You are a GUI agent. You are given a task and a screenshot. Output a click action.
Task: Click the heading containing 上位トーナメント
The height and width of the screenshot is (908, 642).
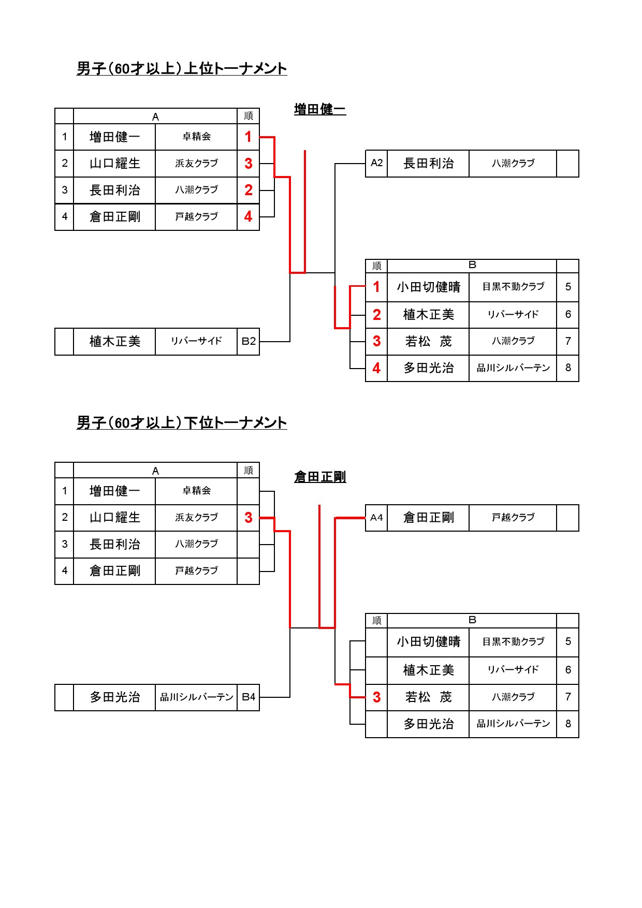[182, 68]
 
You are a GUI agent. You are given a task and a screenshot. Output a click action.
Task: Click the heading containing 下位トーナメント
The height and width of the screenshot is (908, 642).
[182, 422]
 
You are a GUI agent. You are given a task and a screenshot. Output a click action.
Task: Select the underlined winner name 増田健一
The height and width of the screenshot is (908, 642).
[320, 109]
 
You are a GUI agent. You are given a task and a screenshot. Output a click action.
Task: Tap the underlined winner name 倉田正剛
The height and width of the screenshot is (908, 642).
[320, 477]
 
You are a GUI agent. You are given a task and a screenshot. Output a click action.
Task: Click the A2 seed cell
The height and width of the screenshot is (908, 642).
[376, 164]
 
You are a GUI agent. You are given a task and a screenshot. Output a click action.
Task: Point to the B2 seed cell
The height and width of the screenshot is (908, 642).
[249, 342]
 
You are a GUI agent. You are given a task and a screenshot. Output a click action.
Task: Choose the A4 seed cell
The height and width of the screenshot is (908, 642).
[376, 518]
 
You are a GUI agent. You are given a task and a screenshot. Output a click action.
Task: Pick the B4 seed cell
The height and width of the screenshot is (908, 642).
[249, 697]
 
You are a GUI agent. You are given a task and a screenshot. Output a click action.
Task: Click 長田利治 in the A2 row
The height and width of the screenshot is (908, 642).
[429, 164]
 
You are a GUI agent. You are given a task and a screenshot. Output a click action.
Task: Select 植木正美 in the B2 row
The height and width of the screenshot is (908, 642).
[115, 342]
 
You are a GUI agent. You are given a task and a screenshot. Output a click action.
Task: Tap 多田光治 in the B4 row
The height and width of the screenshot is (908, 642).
[115, 697]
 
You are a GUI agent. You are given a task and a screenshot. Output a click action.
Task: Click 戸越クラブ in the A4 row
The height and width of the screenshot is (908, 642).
[513, 518]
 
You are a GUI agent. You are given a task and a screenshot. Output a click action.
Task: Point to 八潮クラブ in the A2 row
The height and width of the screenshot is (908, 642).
[513, 164]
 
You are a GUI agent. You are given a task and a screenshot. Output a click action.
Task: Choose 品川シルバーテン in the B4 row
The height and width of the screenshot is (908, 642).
[197, 697]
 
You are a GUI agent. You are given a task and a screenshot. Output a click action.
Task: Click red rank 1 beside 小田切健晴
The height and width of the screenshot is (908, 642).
[376, 287]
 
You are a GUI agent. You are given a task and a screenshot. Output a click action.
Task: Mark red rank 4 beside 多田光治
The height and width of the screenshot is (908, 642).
[376, 368]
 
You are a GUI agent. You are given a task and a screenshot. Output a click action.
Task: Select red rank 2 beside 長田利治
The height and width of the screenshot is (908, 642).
[249, 190]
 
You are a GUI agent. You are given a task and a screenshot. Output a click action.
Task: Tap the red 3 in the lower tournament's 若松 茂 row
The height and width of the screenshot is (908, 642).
[376, 697]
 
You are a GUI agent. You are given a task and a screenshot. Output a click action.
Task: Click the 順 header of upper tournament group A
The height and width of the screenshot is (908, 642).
[249, 116]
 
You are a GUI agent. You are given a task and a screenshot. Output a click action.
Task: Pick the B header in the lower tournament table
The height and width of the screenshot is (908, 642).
[472, 620]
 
